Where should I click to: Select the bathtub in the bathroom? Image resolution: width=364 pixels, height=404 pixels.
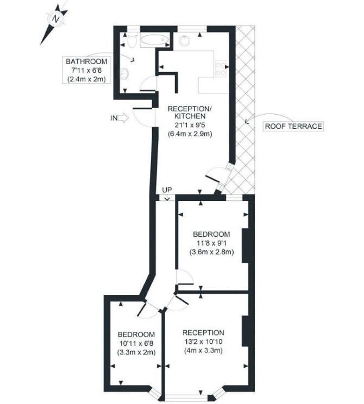[x=155, y=40]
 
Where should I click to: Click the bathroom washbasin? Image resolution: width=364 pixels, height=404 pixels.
[x=124, y=73]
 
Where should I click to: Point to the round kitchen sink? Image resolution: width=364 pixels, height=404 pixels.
[x=185, y=40]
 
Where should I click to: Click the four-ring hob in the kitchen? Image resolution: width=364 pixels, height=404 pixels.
[x=221, y=68]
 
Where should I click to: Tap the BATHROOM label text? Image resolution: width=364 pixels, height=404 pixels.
[x=86, y=61]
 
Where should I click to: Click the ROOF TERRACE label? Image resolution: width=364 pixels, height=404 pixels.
[x=293, y=126]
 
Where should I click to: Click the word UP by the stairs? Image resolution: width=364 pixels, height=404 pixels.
[x=167, y=190]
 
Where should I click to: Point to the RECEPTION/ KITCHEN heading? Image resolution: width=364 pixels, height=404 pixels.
[x=190, y=112]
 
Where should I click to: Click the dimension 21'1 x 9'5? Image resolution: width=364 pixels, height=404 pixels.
[x=190, y=125]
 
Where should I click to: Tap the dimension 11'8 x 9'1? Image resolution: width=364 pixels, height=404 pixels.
[x=211, y=243]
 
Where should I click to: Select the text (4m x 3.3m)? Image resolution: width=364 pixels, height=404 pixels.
[x=203, y=350]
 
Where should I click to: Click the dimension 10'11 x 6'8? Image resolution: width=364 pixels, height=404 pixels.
[x=136, y=343]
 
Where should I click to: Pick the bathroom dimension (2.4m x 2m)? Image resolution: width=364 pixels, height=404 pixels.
[x=86, y=79]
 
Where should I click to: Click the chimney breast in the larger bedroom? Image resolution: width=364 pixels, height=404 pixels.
[x=245, y=245]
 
